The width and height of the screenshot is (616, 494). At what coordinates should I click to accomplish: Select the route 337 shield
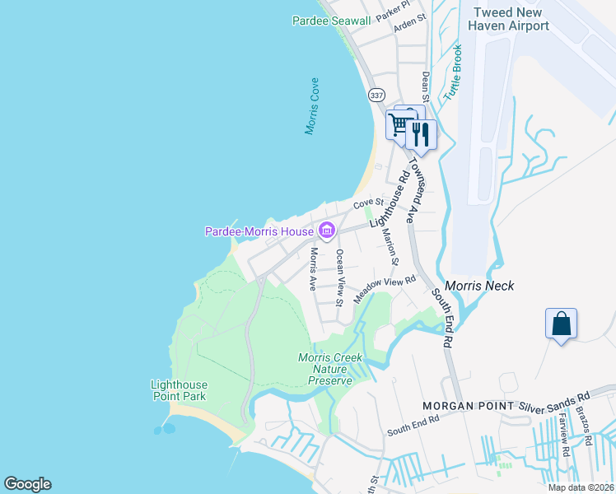[x=376, y=96]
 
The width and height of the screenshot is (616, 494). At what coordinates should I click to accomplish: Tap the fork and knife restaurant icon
[x=422, y=134]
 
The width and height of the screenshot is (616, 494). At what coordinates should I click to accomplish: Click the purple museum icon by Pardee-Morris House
[x=326, y=231]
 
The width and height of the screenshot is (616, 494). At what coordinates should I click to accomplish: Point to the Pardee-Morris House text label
[x=259, y=232]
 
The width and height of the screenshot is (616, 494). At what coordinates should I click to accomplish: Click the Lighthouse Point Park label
[x=179, y=390]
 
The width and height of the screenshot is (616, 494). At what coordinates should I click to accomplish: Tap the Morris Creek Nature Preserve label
[x=330, y=369]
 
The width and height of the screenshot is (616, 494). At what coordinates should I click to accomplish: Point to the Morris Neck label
[x=479, y=286]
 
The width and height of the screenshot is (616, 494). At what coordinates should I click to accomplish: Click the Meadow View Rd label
[x=385, y=291]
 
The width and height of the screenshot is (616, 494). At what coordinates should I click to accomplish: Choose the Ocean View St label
[x=338, y=277]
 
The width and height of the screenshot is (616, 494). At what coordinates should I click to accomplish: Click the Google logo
[x=27, y=484]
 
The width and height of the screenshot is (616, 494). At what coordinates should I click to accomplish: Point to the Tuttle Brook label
[x=454, y=73]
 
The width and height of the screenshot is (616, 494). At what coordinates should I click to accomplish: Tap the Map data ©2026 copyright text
[x=580, y=487]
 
